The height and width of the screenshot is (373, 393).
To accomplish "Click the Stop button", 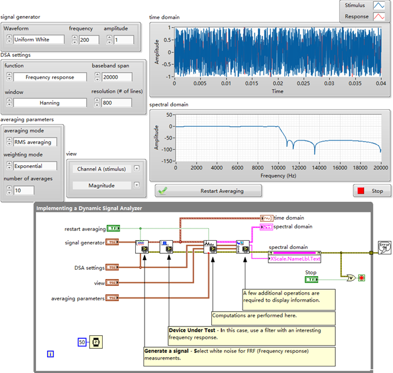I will coord(370,191).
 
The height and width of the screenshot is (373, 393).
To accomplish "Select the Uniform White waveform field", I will coord(40,40).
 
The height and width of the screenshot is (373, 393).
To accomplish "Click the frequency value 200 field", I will coord(88,40).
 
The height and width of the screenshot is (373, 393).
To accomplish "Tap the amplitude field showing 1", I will coord(123,40).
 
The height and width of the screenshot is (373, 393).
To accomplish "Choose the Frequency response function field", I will coord(50,77).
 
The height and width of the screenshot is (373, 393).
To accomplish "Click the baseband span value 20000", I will coord(116,77).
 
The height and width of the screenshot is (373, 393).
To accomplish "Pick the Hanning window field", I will coord(50,103).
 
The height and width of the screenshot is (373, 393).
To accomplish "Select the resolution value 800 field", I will coord(116,103).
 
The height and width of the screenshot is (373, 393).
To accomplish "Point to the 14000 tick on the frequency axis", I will coord(319,168).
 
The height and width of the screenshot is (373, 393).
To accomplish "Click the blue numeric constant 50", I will coord(82,342).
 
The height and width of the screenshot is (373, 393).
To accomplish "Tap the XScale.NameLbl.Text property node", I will coord(294,259).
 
